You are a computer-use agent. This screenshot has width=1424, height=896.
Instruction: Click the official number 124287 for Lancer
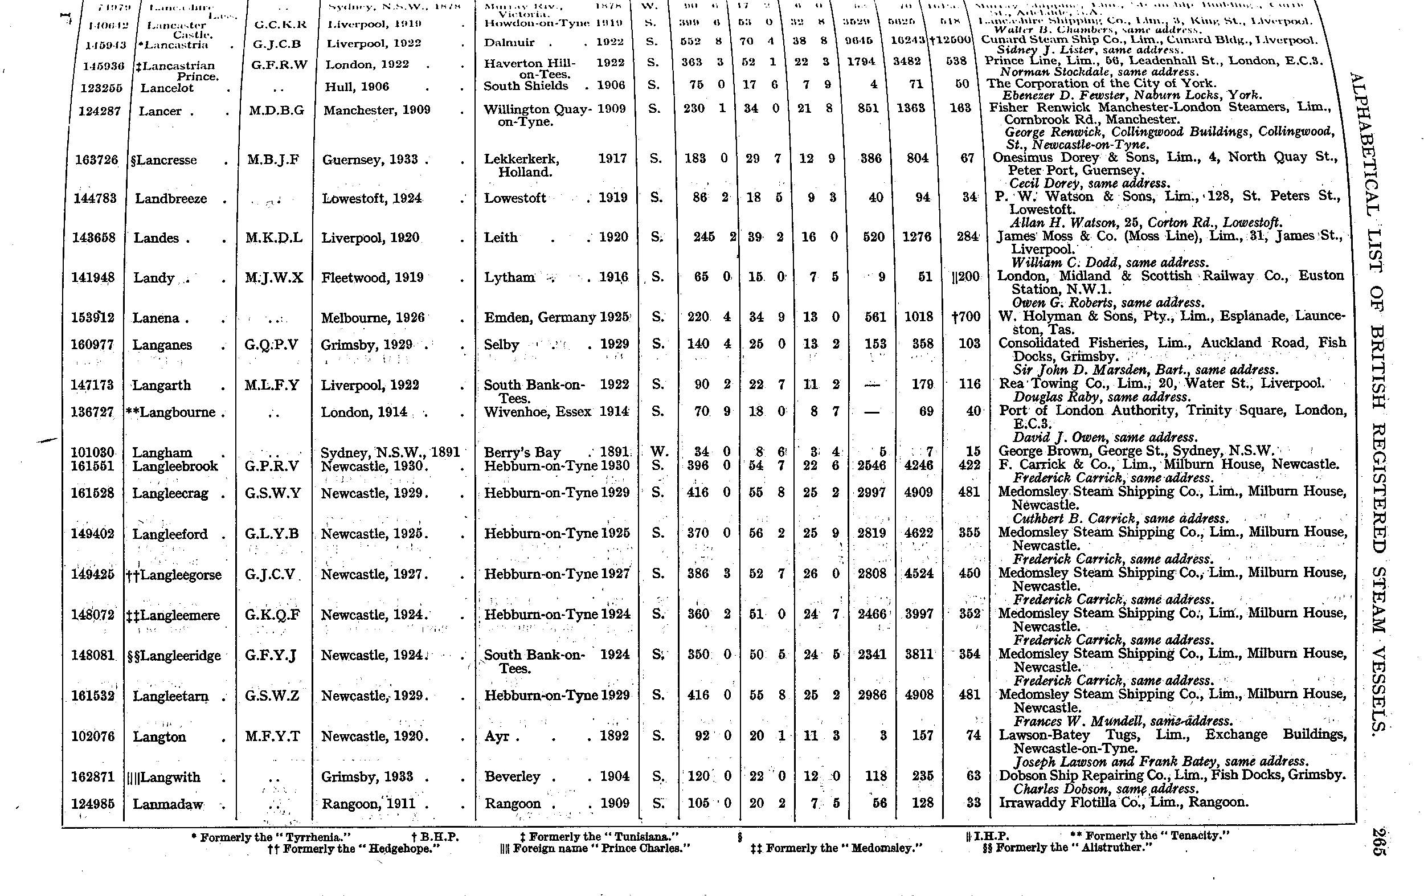point(99,111)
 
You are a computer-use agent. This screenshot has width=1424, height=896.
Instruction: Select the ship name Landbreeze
point(171,199)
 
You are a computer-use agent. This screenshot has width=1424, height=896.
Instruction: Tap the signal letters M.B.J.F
point(274,159)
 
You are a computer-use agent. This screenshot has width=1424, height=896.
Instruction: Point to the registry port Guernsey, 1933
point(370,159)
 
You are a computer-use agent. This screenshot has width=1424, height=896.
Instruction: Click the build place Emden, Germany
point(540,318)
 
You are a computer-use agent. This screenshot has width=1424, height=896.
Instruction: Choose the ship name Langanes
point(162,345)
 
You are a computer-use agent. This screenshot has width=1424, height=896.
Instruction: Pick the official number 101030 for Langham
point(92,452)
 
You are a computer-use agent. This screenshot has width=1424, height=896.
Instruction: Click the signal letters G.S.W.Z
point(272,695)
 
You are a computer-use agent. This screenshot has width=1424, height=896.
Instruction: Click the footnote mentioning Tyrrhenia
point(271,837)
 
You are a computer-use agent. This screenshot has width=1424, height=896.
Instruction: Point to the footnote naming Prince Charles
point(595,848)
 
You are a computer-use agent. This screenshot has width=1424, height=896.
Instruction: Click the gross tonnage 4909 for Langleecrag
point(918,492)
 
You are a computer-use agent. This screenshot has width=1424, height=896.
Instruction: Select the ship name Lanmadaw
point(168,804)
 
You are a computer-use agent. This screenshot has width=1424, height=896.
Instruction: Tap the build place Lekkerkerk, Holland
point(522,165)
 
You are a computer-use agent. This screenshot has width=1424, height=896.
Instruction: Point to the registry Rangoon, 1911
point(369,803)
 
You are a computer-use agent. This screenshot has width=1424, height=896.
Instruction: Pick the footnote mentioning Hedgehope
point(354,849)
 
